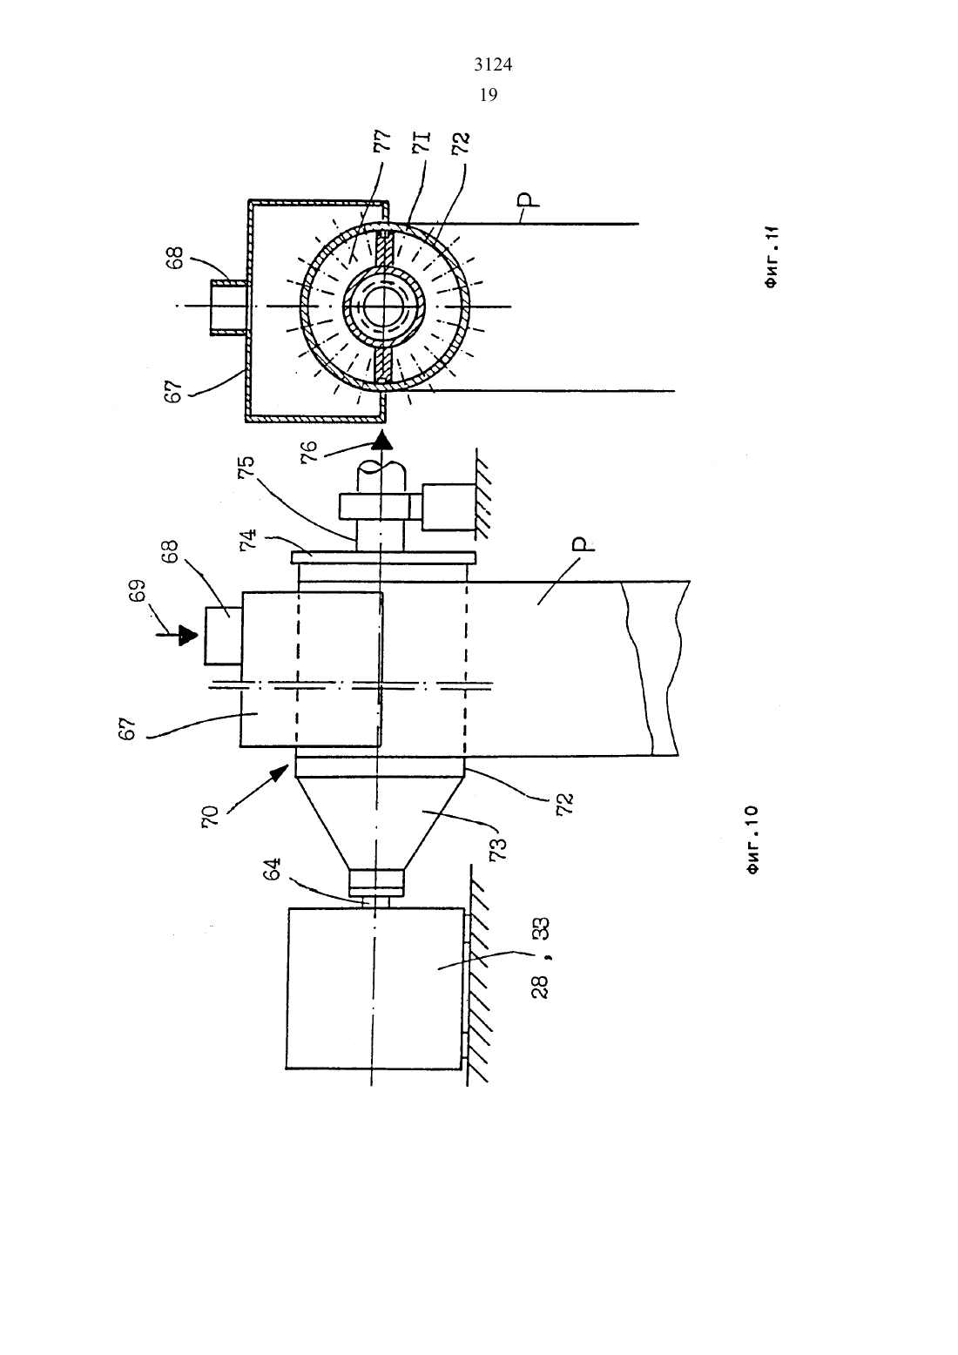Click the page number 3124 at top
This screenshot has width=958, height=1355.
[x=493, y=64]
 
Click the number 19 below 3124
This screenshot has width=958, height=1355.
[x=488, y=95]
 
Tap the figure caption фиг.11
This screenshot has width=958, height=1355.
[x=771, y=257]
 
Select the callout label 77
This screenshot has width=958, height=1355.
[x=383, y=140]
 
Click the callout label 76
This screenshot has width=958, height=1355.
[x=307, y=452]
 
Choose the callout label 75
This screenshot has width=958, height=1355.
[x=246, y=467]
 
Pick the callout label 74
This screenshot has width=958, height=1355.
[x=248, y=538]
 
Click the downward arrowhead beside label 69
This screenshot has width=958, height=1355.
[x=188, y=637]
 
